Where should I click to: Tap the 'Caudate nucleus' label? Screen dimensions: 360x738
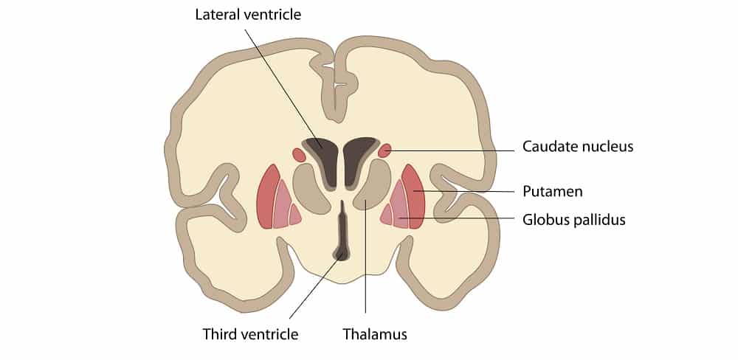[x=577, y=147]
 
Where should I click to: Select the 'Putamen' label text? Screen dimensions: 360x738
[x=552, y=192]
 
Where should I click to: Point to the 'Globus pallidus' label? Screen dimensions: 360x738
[x=573, y=219]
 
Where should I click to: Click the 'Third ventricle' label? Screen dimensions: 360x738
[x=250, y=334]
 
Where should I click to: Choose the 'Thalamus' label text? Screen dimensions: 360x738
[x=374, y=334]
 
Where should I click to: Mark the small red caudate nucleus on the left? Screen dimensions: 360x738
[x=299, y=155]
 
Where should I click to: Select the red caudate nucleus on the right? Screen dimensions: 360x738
[x=384, y=151]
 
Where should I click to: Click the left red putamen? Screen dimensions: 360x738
[x=267, y=198]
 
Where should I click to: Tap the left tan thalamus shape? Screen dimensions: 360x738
[x=308, y=189]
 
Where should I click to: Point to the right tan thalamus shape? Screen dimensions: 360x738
[x=375, y=187]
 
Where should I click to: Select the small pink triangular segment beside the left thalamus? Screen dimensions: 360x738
[x=294, y=215]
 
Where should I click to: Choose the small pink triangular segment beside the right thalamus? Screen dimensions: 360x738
[x=387, y=215]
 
